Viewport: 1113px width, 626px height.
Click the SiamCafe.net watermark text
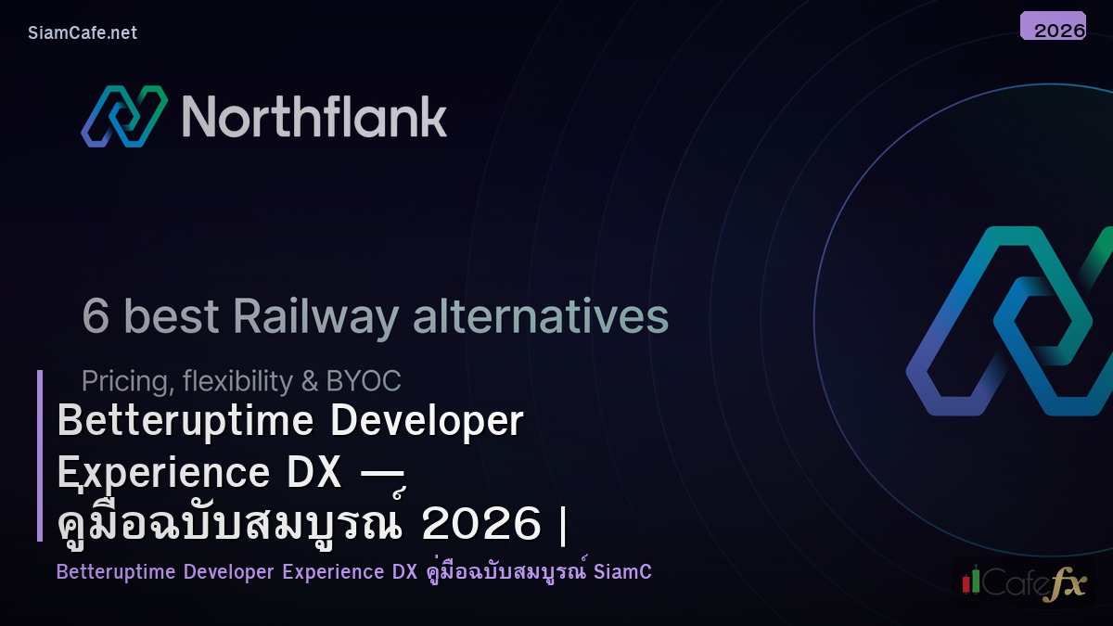tap(83, 32)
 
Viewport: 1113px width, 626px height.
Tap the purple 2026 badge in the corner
tap(1053, 27)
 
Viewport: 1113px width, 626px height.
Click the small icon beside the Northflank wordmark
tap(123, 116)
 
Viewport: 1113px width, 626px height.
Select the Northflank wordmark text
tap(314, 117)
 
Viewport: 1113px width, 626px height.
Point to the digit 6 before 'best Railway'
tap(96, 317)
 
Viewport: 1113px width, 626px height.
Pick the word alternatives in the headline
tap(540, 317)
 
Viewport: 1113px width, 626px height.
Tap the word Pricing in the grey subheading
tap(123, 381)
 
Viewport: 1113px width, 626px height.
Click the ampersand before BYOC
tap(306, 381)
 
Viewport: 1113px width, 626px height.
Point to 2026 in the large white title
tap(481, 525)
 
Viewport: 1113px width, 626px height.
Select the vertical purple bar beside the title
tap(40, 455)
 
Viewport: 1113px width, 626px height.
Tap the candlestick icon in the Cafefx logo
tap(971, 581)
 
